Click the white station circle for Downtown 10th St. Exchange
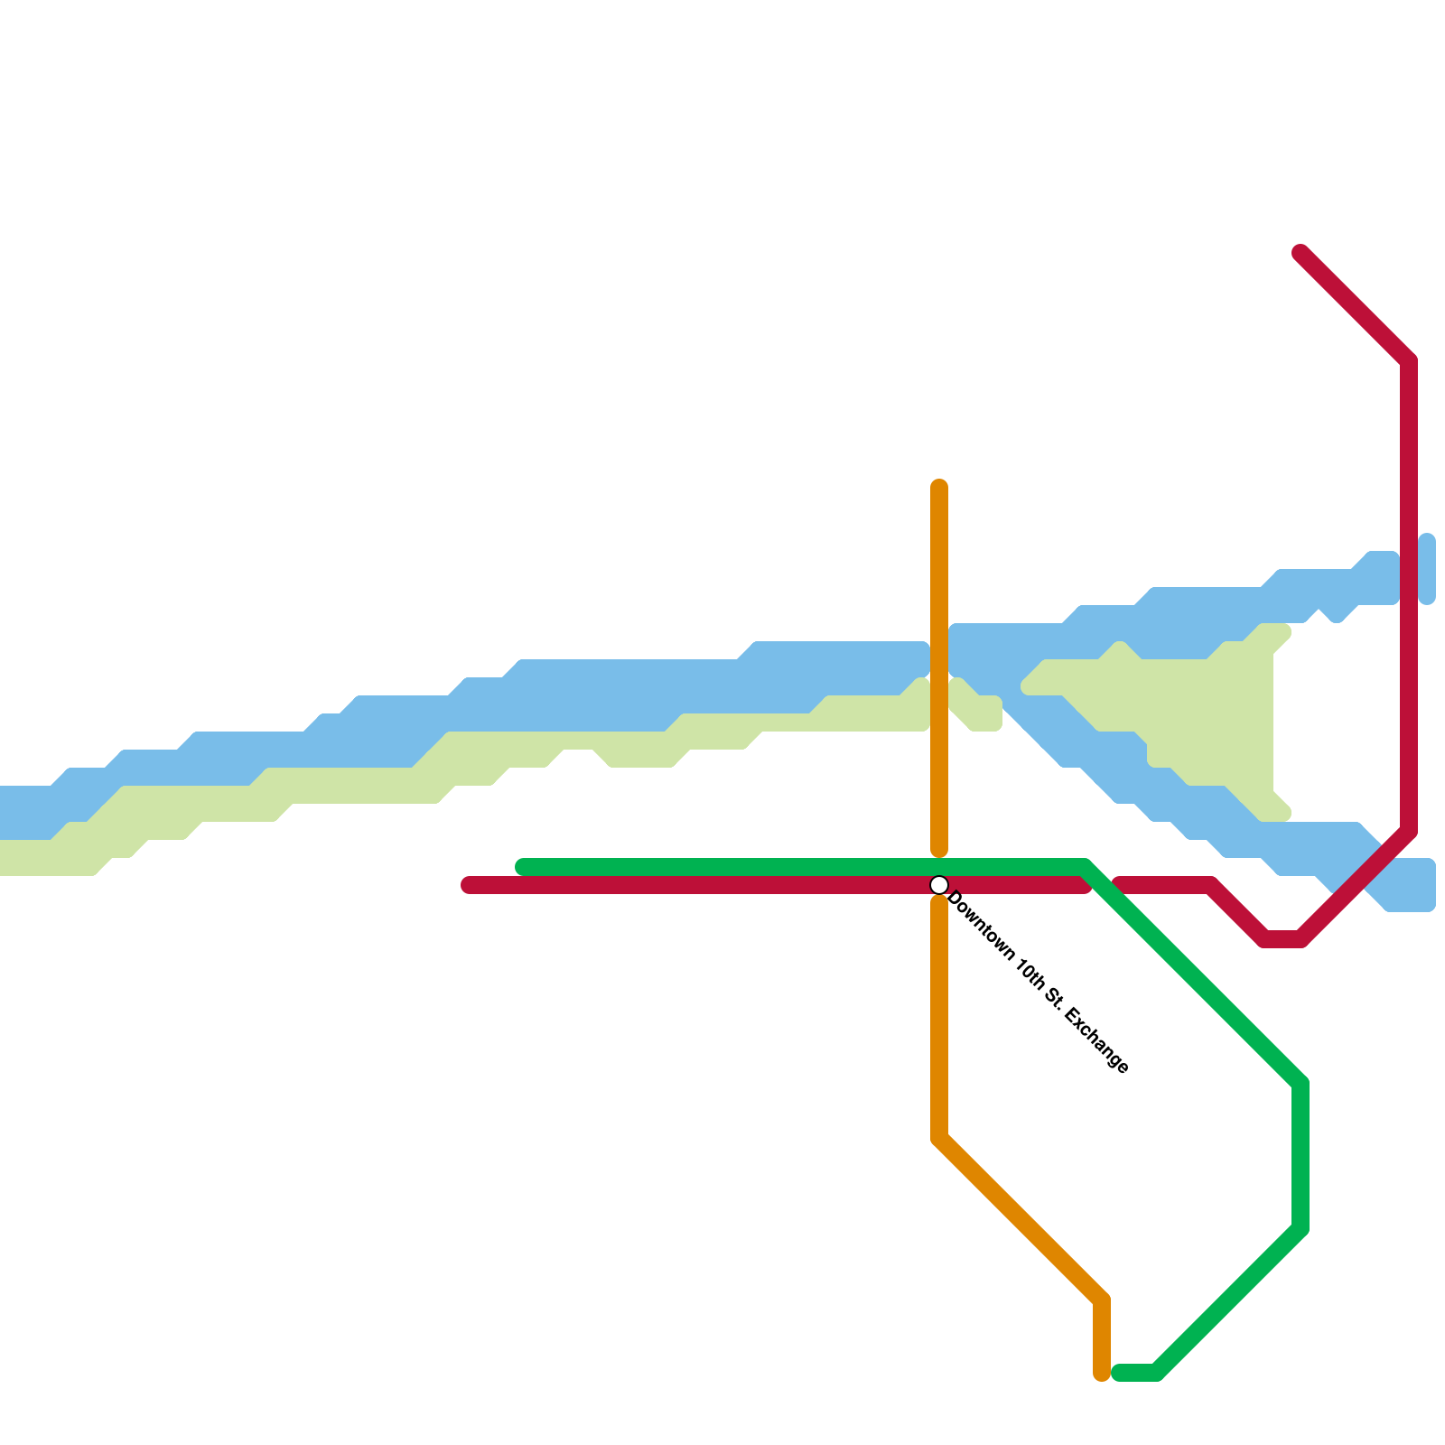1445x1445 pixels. click(939, 885)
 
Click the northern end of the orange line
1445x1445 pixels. click(939, 486)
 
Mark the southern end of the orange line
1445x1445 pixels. click(1102, 1375)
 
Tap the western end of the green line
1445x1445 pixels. click(522, 867)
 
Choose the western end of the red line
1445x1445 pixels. click(468, 885)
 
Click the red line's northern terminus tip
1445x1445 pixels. click(1300, 252)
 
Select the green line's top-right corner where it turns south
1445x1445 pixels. click(1300, 1084)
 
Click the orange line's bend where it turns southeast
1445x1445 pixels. click(939, 1138)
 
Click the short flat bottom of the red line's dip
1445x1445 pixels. click(1282, 939)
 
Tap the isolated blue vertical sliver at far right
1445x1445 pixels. click(1427, 569)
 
